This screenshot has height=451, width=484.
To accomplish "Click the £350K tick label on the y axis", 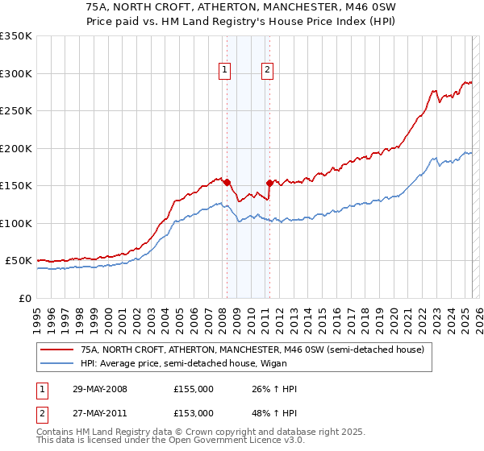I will [16, 36].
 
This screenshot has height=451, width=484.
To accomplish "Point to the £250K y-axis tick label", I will [16, 111].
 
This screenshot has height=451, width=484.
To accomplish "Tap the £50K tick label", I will [19, 261].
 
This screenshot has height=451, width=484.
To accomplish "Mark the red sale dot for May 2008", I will [227, 182].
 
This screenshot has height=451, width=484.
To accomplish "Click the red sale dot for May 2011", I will [269, 184].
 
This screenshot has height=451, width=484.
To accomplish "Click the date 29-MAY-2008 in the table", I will [98, 390].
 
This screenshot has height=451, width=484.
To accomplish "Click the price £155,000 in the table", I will [194, 390].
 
